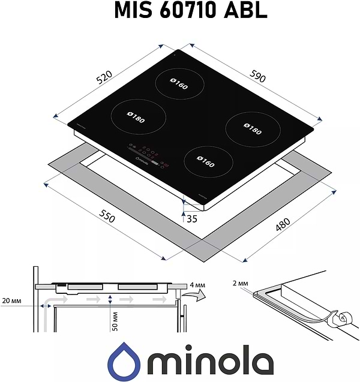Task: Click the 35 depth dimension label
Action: [192, 219]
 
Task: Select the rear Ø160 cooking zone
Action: [178, 86]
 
